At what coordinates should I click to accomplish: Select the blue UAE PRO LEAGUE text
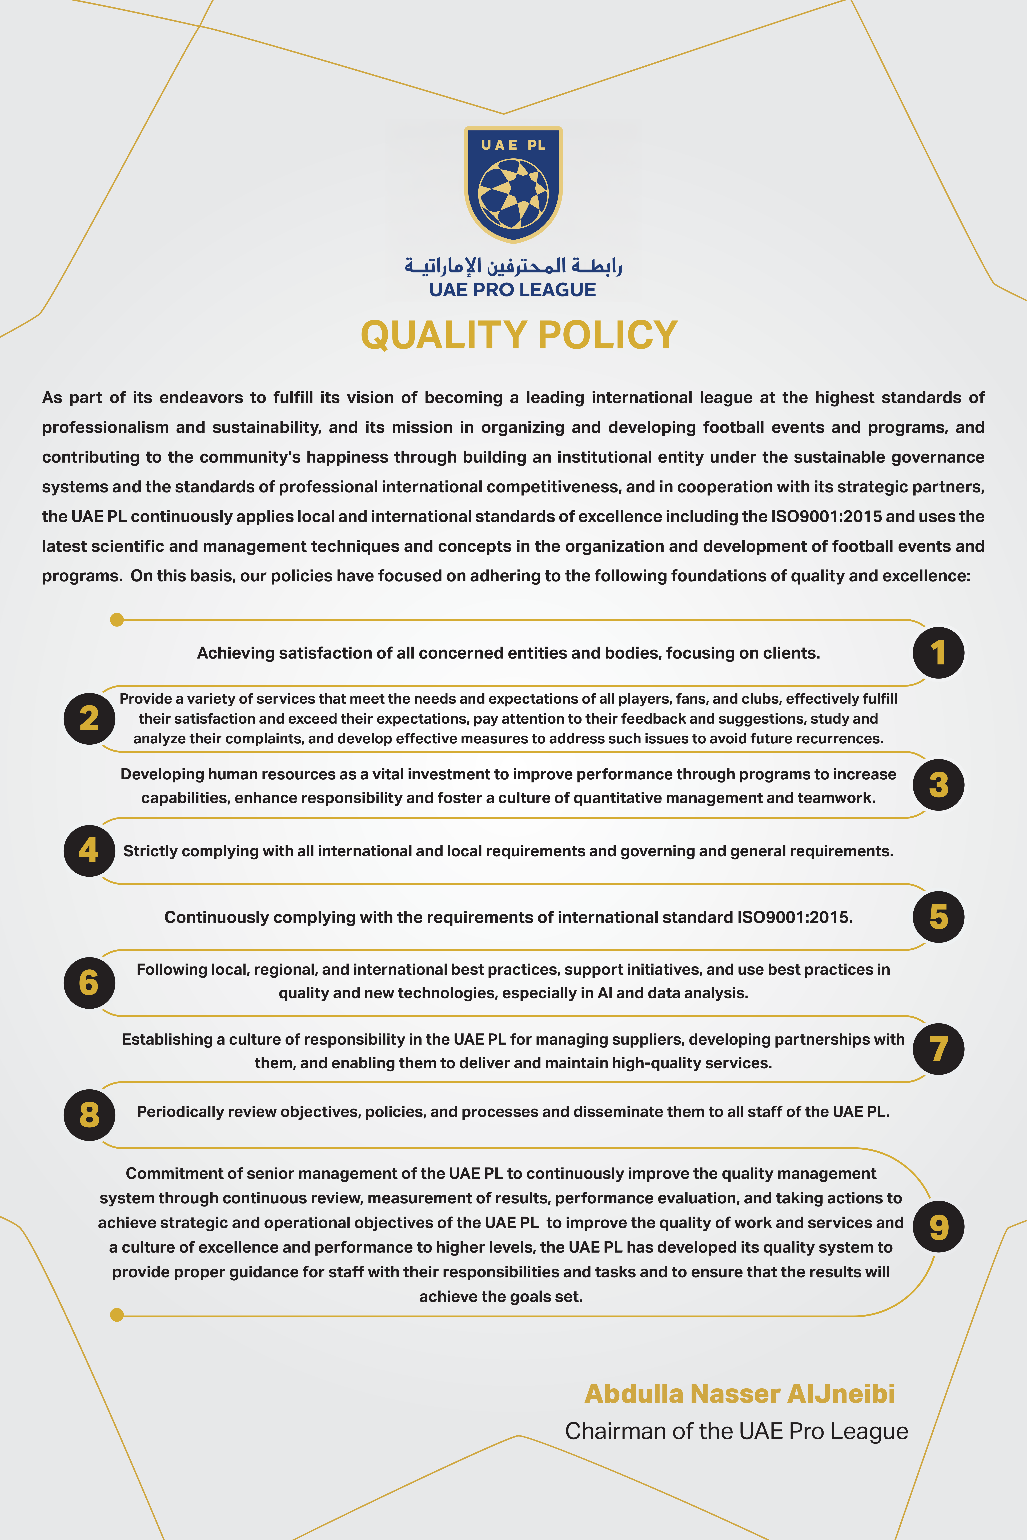[x=513, y=290]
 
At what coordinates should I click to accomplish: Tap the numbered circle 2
[x=89, y=719]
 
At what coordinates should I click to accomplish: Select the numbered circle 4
[x=89, y=850]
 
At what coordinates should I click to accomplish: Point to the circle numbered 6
[x=89, y=982]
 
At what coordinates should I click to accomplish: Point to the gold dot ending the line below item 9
[x=117, y=1315]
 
